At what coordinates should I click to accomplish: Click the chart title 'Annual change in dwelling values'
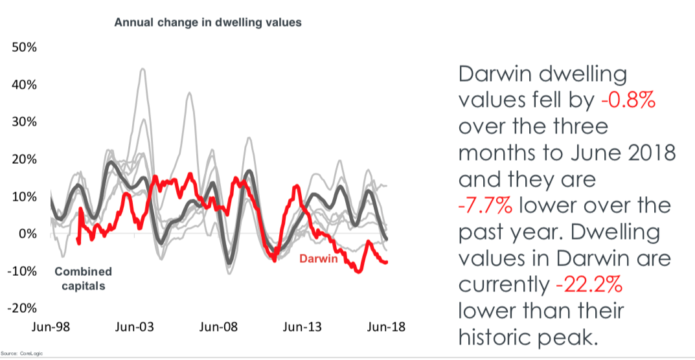pos(208,23)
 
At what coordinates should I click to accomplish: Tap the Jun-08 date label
pos(218,328)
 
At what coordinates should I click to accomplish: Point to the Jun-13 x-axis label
pos(302,328)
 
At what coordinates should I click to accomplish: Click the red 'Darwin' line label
pos(318,260)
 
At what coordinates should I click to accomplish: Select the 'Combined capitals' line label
pos(83,278)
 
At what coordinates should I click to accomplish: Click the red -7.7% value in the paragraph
pos(486,206)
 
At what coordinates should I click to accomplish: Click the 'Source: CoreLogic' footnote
pos(20,354)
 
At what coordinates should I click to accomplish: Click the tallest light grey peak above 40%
pos(142,69)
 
